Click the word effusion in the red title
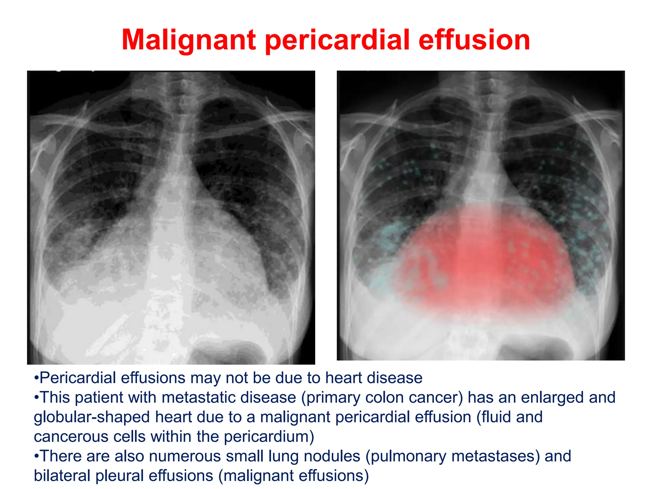coord(474,40)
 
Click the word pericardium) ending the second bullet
coord(269,437)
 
